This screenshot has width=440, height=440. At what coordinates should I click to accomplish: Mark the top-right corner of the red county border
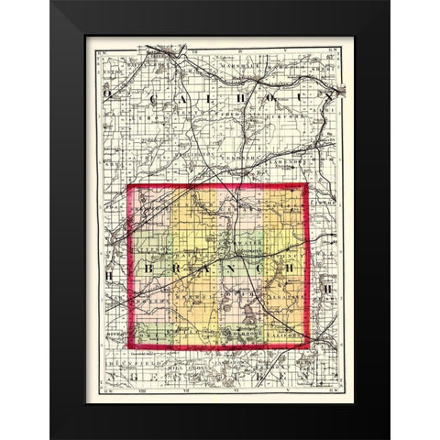coord(305,185)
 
